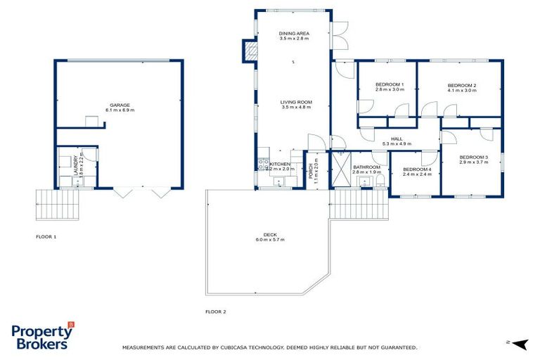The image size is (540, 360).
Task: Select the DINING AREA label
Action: (294, 33)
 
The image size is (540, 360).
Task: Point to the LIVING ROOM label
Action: (296, 102)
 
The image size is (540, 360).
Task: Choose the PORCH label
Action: (311, 169)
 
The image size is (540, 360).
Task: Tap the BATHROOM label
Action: (366, 167)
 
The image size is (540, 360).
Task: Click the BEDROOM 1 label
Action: (389, 84)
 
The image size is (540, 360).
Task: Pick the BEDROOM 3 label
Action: (473, 157)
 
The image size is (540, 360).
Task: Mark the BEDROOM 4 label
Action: (416, 169)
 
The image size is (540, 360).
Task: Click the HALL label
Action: (397, 139)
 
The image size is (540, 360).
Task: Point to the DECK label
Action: (271, 235)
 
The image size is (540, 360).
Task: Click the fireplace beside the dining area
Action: (250, 50)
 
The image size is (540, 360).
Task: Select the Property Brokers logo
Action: (42, 337)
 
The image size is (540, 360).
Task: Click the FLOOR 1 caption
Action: (46, 237)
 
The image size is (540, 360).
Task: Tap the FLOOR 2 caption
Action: (215, 311)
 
